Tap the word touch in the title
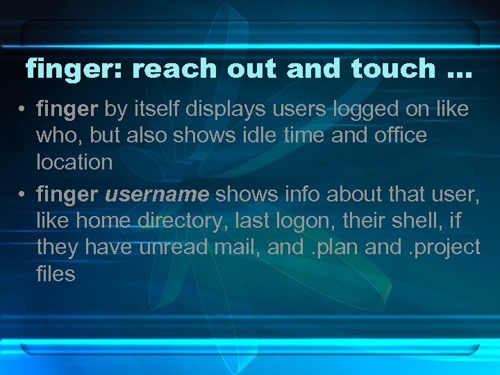coord(393,69)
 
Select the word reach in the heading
coord(176,69)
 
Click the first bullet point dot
coord(23,110)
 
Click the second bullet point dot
coord(23,194)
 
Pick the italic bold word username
coord(156,194)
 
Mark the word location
coord(74,162)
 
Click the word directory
coord(183,221)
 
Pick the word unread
coord(169,247)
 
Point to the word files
coord(56,274)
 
